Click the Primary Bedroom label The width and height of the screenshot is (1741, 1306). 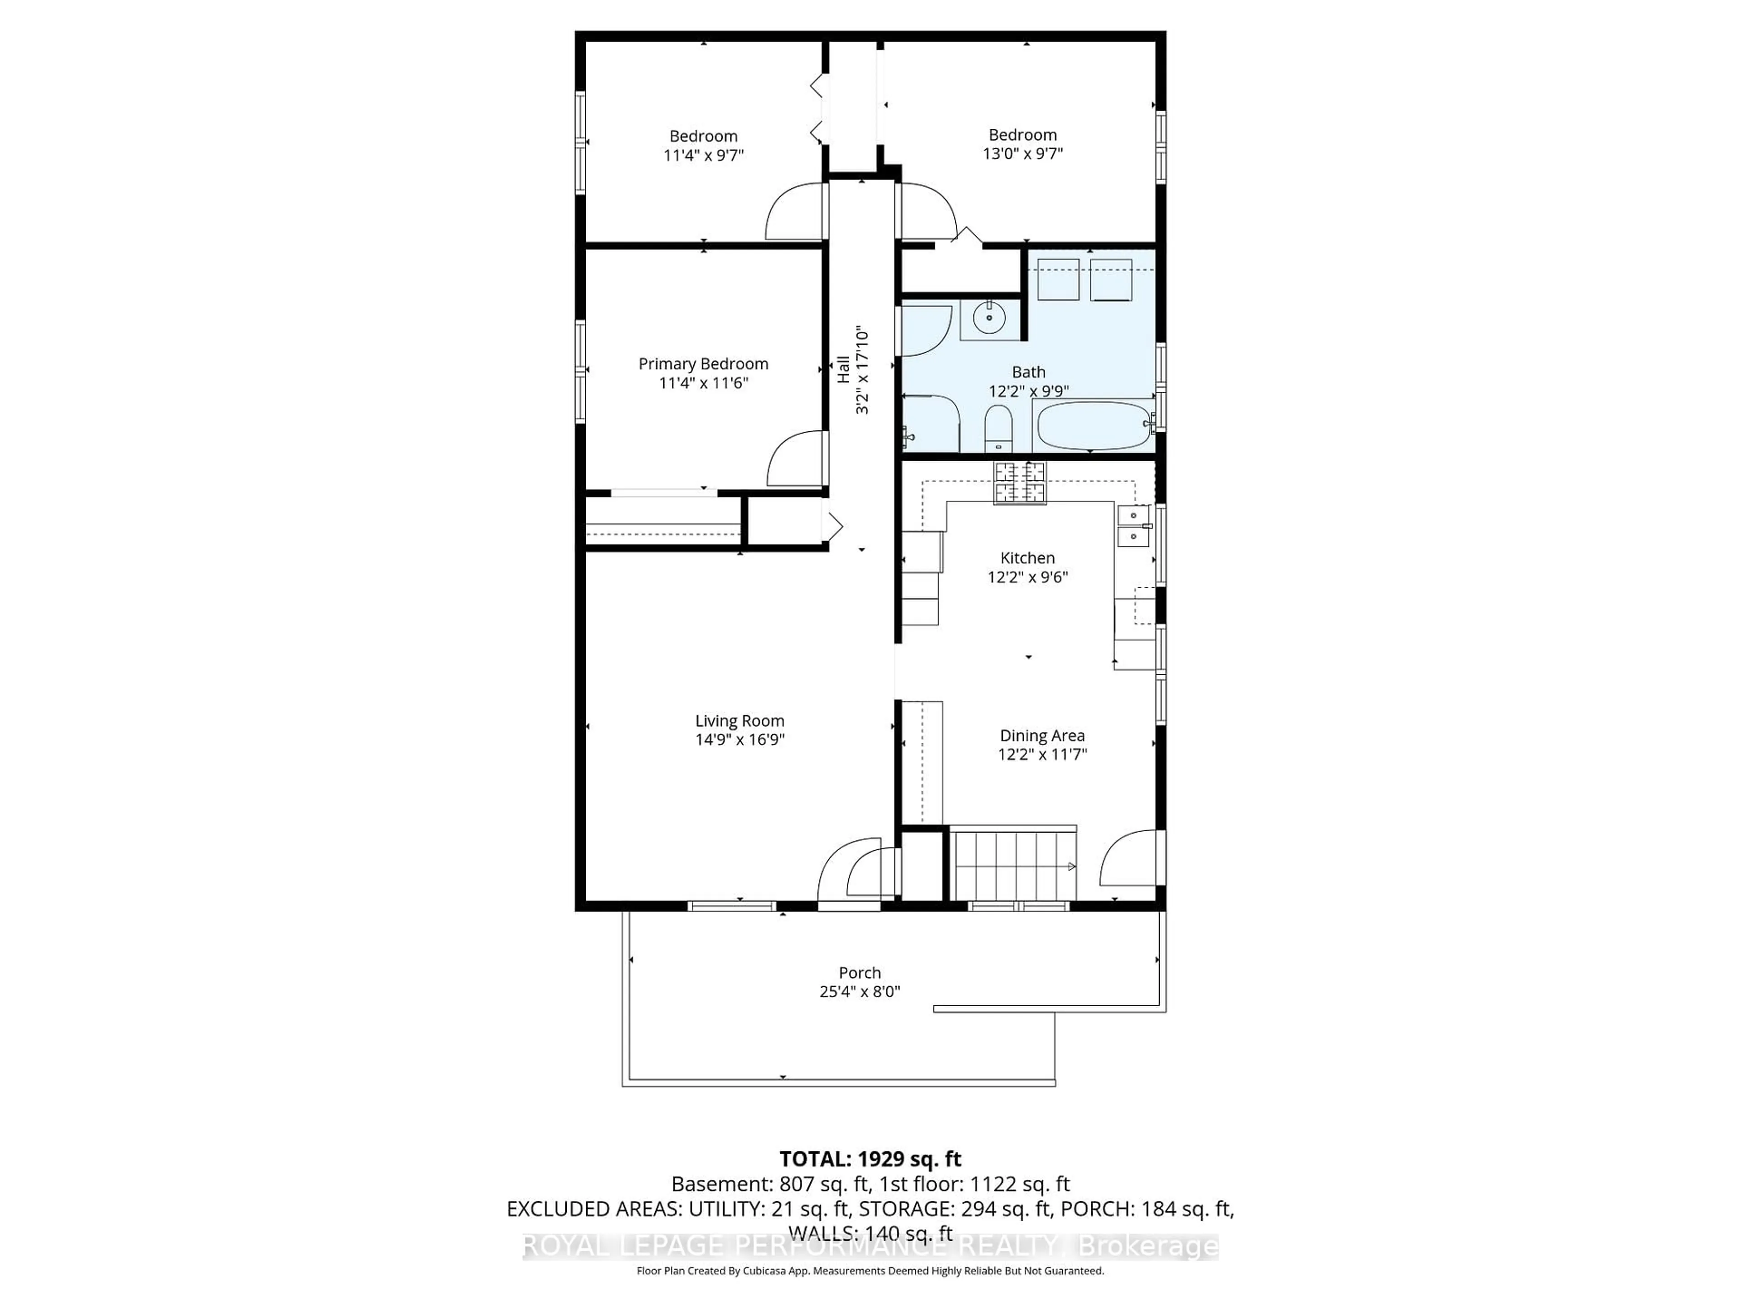(703, 364)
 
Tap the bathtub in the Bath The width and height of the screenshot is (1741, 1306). (1090, 425)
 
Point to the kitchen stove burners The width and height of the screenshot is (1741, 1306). (1020, 482)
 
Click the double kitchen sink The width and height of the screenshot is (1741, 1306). (1133, 526)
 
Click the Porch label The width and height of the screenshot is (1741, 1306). (860, 973)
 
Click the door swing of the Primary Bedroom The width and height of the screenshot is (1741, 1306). (797, 460)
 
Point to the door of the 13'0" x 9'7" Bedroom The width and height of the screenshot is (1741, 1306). (927, 211)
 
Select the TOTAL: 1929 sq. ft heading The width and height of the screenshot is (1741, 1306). (870, 1159)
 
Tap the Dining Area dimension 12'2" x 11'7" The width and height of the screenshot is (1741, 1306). (1042, 754)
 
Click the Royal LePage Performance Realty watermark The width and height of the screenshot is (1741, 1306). (870, 1246)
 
